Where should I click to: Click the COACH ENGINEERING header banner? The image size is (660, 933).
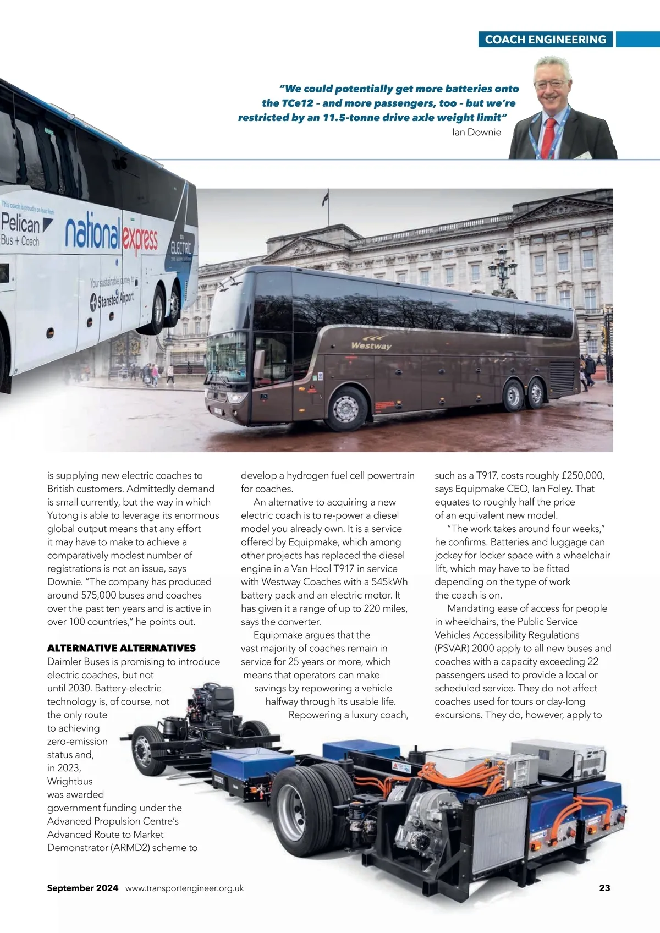(x=545, y=40)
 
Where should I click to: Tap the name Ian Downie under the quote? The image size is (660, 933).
(x=476, y=132)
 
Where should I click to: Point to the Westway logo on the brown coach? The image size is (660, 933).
(x=371, y=344)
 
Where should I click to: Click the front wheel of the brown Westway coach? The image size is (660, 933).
(x=346, y=409)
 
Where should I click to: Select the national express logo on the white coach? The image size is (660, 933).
(x=112, y=234)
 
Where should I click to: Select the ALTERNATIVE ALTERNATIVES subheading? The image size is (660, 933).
(x=121, y=648)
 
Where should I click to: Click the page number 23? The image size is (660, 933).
(x=604, y=888)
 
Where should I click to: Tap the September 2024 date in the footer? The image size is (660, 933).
(x=82, y=888)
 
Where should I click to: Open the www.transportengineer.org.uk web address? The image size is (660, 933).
(x=185, y=888)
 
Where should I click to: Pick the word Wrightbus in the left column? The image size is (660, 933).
(x=70, y=781)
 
